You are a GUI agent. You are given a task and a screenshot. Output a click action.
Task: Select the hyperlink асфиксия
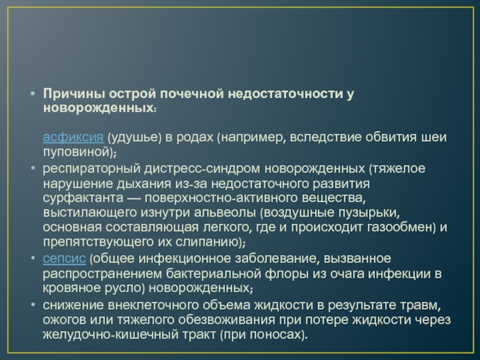click(x=73, y=137)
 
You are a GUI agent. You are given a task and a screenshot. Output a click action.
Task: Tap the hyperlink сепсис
click(x=64, y=259)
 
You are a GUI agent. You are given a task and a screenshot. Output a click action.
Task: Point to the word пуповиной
click(x=76, y=152)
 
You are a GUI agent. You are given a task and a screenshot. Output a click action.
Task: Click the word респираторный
click(x=92, y=169)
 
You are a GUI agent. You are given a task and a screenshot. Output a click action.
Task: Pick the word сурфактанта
click(x=83, y=198)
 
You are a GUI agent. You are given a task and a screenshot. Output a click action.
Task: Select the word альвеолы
click(x=224, y=212)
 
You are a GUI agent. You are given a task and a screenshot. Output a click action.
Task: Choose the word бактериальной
click(x=214, y=274)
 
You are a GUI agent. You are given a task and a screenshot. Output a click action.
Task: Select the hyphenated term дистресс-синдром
click(x=202, y=169)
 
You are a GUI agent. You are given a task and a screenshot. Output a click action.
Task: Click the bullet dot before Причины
click(x=33, y=94)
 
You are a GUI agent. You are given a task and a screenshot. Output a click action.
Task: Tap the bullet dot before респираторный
click(x=33, y=169)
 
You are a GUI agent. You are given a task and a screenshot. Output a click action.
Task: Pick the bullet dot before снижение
click(x=33, y=305)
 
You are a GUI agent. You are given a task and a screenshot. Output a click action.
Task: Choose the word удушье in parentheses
click(x=134, y=137)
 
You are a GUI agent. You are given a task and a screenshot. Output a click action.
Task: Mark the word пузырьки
click(x=369, y=213)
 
